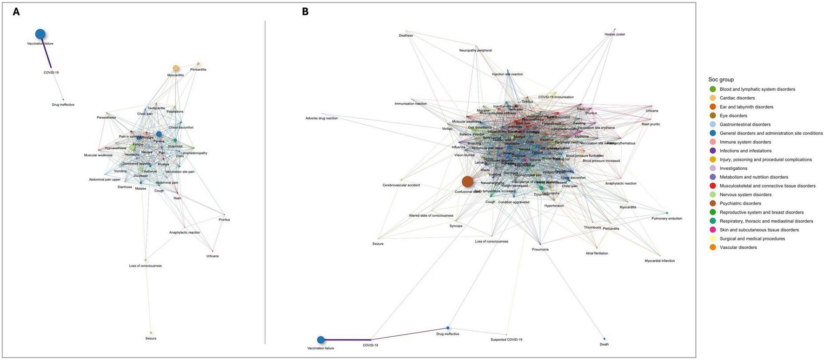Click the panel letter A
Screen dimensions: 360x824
point(16,12)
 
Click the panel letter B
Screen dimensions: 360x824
point(305,12)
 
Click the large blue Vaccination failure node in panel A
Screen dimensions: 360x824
point(40,33)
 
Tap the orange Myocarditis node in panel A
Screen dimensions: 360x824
point(175,68)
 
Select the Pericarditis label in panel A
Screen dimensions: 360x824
point(198,70)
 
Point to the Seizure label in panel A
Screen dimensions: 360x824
point(151,339)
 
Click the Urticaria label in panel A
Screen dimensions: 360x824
point(213,256)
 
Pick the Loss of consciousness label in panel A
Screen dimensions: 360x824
point(146,266)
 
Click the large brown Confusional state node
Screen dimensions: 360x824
point(467,181)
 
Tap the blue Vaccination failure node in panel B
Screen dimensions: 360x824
point(320,340)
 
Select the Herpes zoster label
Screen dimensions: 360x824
point(615,34)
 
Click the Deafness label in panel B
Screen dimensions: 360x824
point(405,36)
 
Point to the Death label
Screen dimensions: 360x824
point(604,345)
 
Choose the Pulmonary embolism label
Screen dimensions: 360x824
point(667,219)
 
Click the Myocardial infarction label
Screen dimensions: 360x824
point(659,261)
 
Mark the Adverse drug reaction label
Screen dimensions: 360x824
point(321,119)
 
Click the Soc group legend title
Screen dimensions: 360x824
point(721,80)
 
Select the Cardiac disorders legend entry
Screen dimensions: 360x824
point(737,98)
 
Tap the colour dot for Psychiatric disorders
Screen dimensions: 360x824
point(712,203)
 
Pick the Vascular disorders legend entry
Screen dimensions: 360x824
point(738,247)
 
